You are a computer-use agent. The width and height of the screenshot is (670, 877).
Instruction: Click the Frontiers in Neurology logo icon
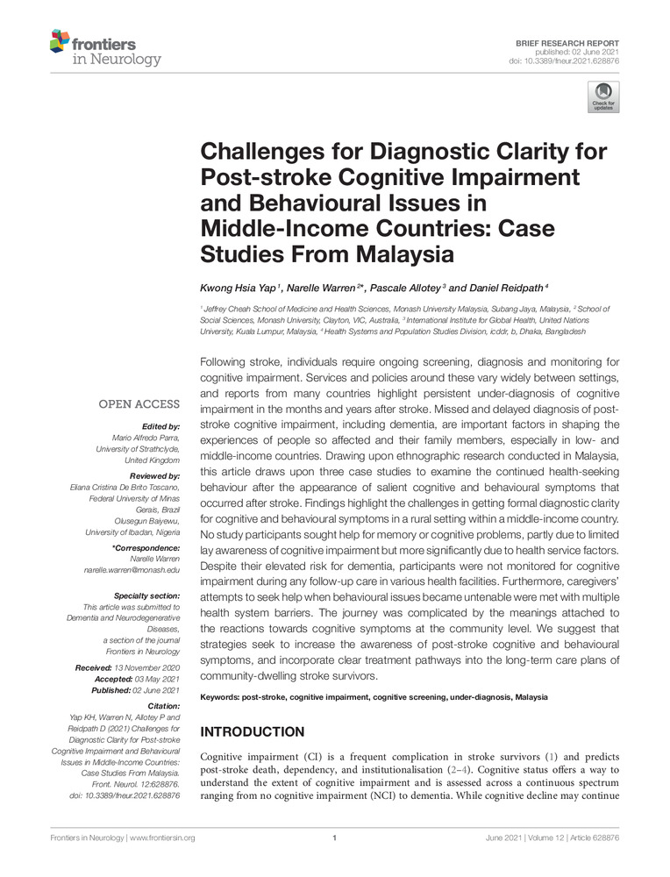[x=60, y=40]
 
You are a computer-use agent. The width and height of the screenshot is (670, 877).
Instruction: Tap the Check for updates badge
[x=603, y=97]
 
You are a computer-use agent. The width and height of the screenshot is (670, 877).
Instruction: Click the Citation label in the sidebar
[x=164, y=704]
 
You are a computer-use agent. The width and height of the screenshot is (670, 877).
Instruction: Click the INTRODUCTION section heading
[x=254, y=731]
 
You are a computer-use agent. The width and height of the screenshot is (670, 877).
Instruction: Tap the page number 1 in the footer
[x=335, y=838]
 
